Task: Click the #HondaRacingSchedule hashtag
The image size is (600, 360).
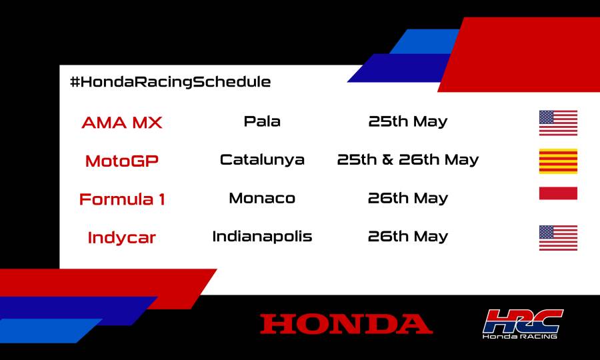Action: click(x=170, y=82)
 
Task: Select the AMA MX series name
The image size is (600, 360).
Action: click(x=121, y=123)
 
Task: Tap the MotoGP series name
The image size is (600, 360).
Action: click(x=122, y=161)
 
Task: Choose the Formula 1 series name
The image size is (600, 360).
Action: click(x=122, y=199)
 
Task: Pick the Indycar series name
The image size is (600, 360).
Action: click(x=121, y=237)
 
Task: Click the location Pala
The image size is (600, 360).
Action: click(x=262, y=121)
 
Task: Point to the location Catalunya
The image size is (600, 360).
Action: click(x=262, y=160)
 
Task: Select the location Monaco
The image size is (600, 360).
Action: click(x=262, y=198)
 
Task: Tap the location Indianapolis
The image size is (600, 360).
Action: click(x=262, y=236)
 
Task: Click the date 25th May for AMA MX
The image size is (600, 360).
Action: click(x=408, y=121)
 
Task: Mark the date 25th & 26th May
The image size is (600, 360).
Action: click(x=408, y=160)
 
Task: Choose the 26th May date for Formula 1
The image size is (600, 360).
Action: click(x=408, y=198)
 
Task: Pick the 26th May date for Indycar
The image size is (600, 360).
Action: click(x=408, y=236)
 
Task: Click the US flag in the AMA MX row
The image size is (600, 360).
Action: click(x=558, y=123)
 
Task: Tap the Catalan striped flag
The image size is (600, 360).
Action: click(x=558, y=161)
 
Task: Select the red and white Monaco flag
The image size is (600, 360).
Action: click(x=558, y=193)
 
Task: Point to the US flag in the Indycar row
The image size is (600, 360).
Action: click(x=558, y=238)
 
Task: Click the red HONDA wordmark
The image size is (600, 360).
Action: click(x=346, y=324)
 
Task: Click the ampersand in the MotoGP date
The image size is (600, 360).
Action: click(x=389, y=160)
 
